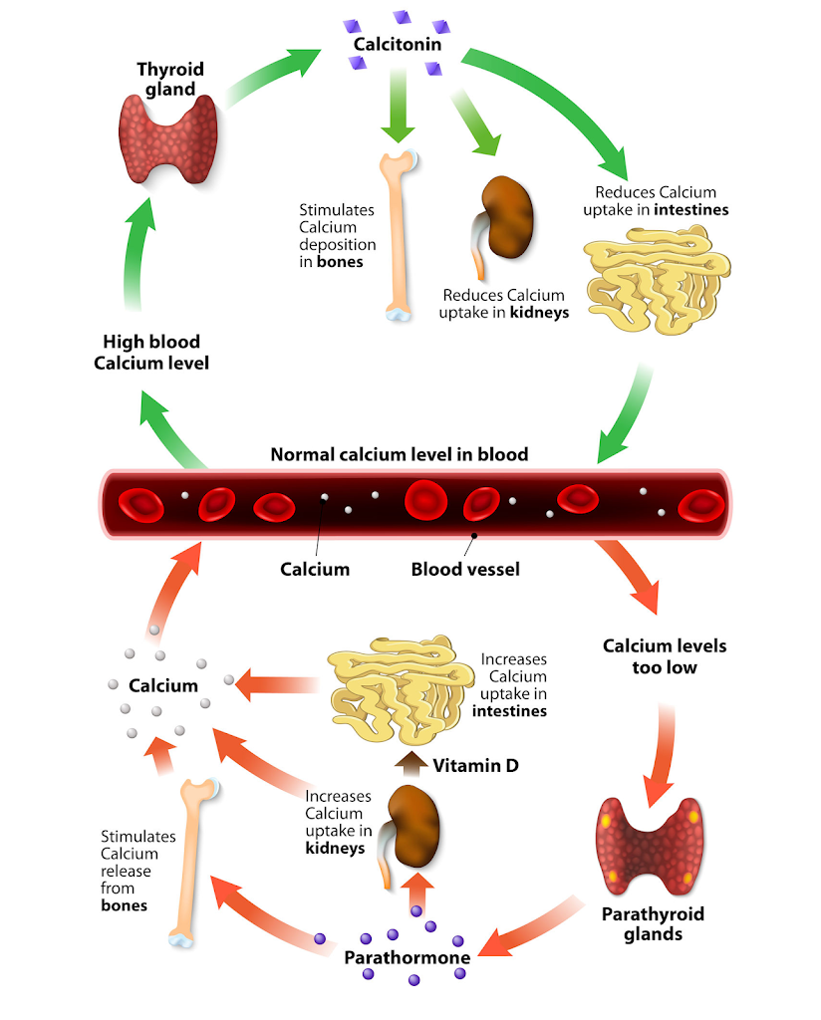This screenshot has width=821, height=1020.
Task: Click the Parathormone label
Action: click(408, 958)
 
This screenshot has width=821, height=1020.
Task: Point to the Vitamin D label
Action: click(476, 765)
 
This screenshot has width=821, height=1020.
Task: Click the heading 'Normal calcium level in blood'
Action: click(399, 454)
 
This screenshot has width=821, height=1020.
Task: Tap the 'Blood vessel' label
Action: click(465, 570)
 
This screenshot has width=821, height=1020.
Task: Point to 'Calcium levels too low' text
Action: click(665, 655)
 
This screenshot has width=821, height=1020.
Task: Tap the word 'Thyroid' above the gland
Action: click(170, 70)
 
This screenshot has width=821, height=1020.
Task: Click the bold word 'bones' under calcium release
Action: click(125, 905)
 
